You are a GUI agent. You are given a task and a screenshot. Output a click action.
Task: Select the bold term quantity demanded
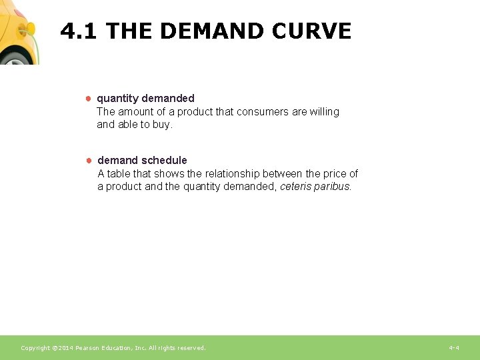145,99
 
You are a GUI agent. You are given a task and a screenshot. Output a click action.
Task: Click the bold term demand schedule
142,160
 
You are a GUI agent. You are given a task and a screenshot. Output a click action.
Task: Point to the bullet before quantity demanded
87,99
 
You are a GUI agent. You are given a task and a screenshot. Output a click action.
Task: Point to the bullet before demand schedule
87,160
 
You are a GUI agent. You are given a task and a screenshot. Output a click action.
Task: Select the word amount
136,111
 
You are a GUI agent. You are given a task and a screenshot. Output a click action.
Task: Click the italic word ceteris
295,187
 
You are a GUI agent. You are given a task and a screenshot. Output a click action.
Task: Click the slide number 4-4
454,348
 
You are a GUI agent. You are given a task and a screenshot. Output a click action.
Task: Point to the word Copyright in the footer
35,348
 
